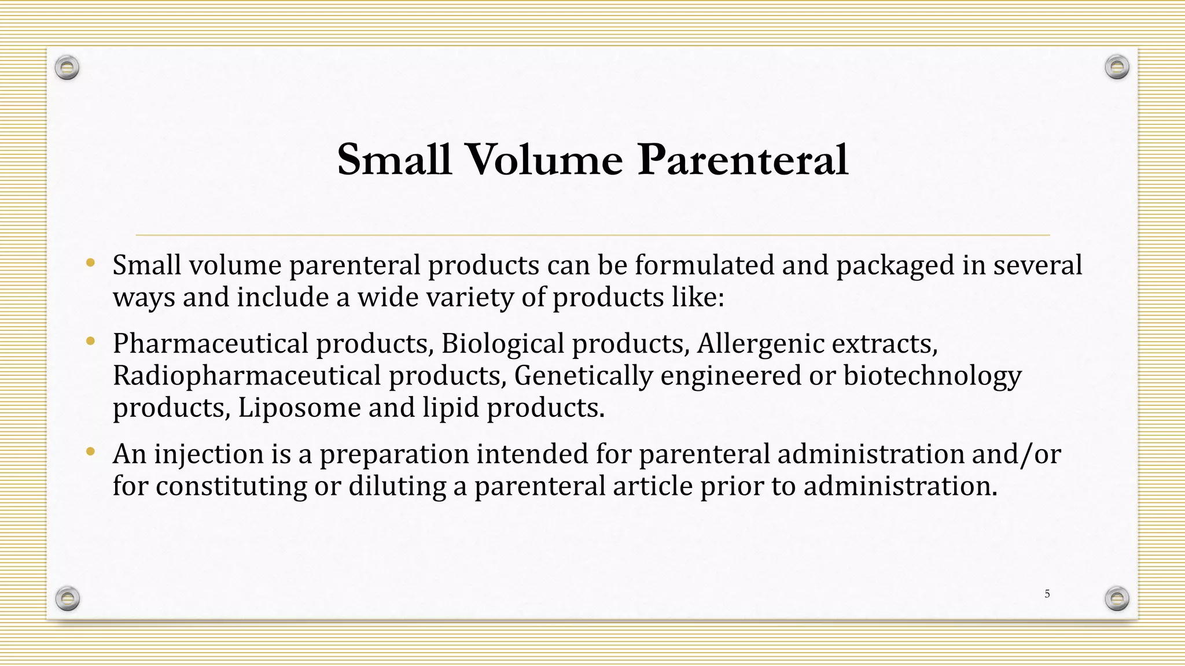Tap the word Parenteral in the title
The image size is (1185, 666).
742,160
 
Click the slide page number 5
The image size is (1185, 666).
1047,594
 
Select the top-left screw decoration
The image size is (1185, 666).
67,68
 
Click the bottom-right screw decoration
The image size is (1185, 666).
1117,598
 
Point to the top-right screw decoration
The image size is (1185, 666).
1117,68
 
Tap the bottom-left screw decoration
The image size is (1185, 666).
67,598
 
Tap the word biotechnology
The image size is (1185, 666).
932,375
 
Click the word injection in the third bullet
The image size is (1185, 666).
208,454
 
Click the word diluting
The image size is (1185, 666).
397,486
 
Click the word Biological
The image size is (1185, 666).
502,343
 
